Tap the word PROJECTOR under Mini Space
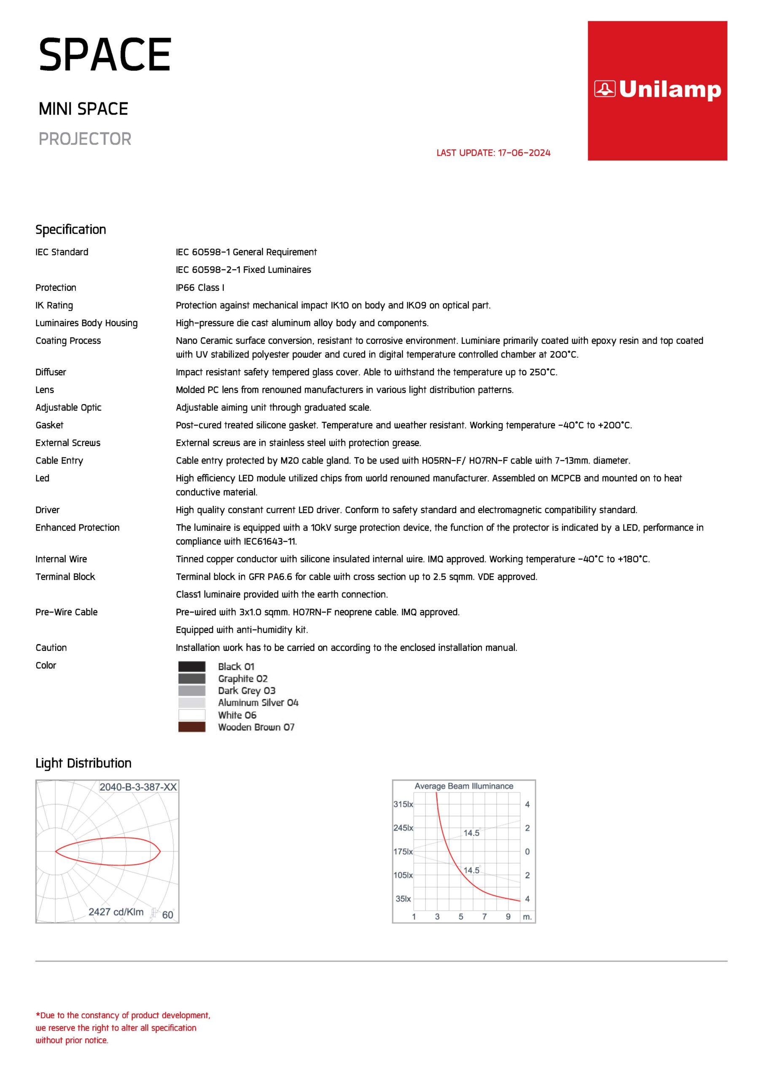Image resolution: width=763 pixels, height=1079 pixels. point(85,139)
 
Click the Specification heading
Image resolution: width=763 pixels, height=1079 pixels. point(71,229)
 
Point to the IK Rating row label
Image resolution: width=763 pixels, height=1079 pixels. point(54,306)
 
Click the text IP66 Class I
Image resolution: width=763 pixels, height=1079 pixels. point(200,287)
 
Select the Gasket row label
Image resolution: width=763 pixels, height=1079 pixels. point(49,425)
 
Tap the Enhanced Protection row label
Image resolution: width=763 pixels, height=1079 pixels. point(78,528)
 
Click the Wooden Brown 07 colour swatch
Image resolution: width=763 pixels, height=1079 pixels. point(192,727)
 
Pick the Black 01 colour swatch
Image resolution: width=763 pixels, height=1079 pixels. point(192,666)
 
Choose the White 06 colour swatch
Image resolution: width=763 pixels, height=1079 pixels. point(192,715)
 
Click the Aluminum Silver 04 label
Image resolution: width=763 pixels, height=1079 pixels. point(258,703)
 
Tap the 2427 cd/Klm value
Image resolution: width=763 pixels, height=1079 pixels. point(116,912)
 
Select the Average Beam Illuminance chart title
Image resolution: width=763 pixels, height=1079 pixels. point(464,786)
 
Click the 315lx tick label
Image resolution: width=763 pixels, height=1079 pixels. point(403,804)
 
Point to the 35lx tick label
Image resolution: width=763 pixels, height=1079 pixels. point(403,899)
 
